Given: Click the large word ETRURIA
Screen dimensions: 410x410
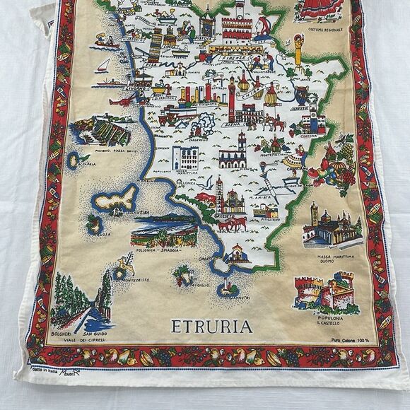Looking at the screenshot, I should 212,327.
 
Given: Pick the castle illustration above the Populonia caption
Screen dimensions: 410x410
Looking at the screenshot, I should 329,293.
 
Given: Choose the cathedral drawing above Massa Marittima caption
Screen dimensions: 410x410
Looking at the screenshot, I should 331,226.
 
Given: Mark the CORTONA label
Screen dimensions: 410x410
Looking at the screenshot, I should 312,131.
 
